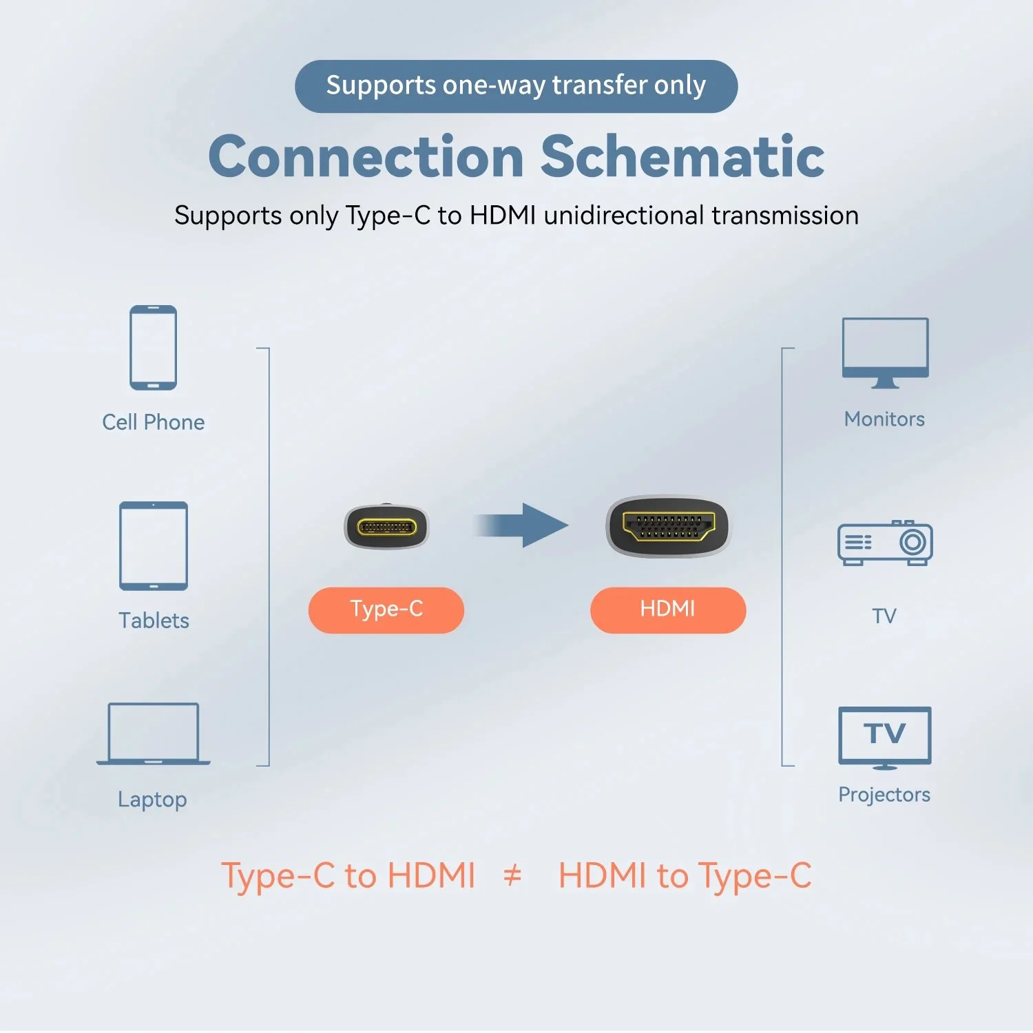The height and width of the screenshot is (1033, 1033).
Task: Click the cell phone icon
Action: point(153,348)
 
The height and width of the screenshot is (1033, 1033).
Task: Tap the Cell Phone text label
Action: point(153,422)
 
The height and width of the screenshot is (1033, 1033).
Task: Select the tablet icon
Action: point(153,545)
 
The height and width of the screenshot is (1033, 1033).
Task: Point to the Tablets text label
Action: point(154,620)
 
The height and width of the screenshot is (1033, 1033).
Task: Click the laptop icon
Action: point(153,734)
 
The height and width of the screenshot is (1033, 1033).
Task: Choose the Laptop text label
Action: point(152,800)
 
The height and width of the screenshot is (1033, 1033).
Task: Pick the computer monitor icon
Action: point(885,352)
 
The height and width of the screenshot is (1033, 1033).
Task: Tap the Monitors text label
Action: point(884,419)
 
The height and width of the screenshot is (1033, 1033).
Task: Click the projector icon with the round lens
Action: point(885,543)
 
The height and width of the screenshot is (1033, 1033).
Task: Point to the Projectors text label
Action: point(884,795)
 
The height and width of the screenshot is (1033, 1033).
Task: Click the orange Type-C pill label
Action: point(386,610)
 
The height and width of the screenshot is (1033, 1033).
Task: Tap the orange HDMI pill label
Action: point(668,610)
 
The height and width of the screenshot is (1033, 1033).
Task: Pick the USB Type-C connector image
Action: point(386,528)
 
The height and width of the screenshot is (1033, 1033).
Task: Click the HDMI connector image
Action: point(667,527)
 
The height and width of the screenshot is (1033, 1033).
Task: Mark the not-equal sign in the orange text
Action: point(512,876)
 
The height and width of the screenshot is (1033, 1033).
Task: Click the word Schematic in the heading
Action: point(682,156)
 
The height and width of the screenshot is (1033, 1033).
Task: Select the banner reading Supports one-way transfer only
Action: point(516,86)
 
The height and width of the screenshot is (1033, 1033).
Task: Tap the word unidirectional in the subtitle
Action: point(624,216)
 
